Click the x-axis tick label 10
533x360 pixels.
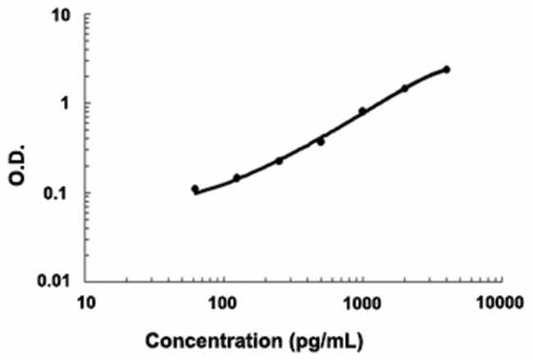tap(86, 304)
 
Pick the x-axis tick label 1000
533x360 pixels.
tap(361, 304)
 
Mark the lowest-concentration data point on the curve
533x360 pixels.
tap(195, 189)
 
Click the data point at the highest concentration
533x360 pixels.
tap(446, 69)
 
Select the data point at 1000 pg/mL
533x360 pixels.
tap(362, 111)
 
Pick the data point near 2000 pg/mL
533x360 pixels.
tap(404, 88)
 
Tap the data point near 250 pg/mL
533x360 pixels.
tap(279, 161)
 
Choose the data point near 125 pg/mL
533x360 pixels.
tap(237, 177)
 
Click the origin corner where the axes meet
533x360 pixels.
tap(88, 282)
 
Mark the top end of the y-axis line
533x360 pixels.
tap(88, 15)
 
